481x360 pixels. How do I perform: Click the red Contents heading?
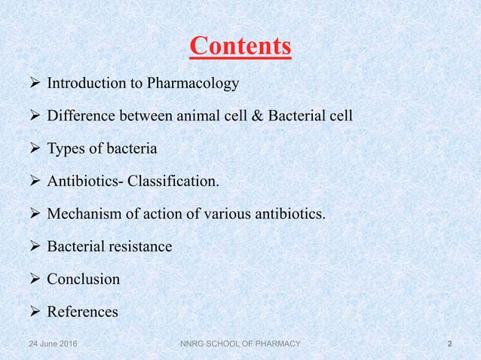click(240, 46)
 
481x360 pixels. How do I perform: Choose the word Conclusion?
click(83, 279)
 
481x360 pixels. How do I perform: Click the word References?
click(82, 311)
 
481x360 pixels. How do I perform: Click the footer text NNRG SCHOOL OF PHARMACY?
click(236, 344)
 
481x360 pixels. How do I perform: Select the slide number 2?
click(450, 344)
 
